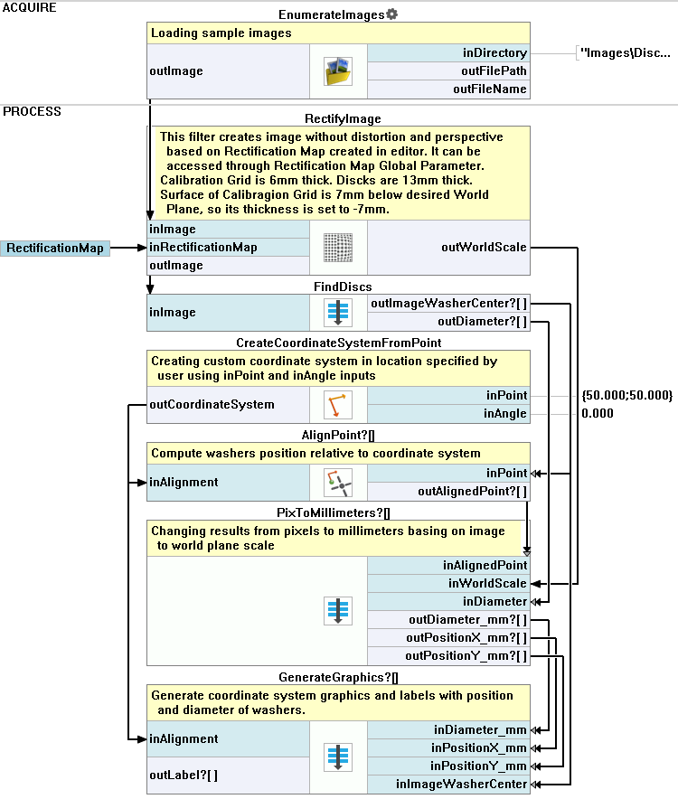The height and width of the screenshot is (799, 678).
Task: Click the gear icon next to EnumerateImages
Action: pos(391,14)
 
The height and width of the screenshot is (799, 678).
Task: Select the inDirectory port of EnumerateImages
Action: pos(449,53)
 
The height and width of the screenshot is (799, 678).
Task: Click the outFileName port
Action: pos(449,89)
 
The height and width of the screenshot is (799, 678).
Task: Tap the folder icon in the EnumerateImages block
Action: pos(337,71)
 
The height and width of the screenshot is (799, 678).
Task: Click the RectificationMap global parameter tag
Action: pos(55,248)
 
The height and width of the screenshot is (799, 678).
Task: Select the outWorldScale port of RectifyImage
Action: pos(449,247)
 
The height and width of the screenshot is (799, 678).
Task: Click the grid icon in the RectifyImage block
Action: pos(337,247)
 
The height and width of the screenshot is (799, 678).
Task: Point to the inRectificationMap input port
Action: pos(203,248)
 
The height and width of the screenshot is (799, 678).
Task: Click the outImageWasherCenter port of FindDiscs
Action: pos(449,304)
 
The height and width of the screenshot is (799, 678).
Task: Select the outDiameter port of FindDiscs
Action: pos(449,321)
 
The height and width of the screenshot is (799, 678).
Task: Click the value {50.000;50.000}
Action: pos(627,396)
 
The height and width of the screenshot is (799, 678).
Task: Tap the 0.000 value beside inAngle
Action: pos(598,413)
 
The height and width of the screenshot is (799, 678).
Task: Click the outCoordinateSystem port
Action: pos(212,405)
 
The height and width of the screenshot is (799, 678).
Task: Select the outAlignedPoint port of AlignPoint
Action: pos(449,491)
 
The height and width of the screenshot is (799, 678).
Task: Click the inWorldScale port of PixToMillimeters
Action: pos(449,583)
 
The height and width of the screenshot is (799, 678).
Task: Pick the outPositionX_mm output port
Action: pos(449,637)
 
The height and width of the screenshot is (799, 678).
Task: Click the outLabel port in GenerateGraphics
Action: pos(184,775)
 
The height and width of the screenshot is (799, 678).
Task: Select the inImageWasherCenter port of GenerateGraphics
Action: pos(449,784)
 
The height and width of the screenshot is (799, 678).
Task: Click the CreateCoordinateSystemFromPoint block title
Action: pos(338,343)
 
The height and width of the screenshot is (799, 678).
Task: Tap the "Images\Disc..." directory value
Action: pos(625,53)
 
